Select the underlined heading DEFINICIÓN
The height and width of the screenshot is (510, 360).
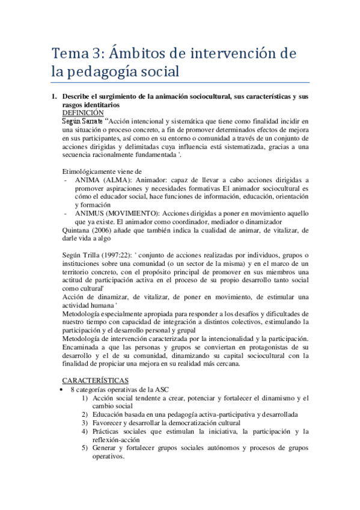(83, 112)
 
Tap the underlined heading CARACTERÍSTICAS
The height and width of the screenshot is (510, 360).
(96, 381)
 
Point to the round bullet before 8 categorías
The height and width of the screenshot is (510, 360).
(64, 390)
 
